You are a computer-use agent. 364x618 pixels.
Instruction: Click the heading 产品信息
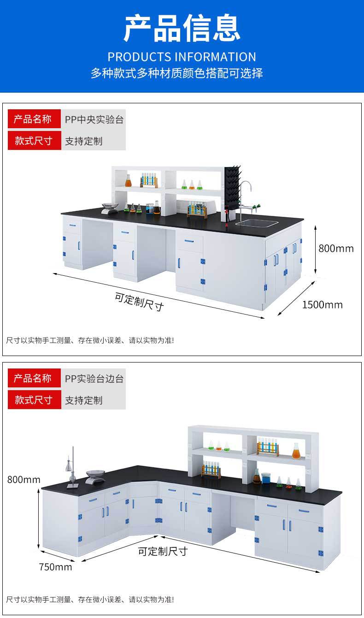point(182,29)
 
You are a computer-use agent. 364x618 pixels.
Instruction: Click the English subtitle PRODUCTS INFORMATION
point(182,57)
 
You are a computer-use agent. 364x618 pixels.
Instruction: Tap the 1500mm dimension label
point(323,305)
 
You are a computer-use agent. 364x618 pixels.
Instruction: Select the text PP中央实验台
point(94,119)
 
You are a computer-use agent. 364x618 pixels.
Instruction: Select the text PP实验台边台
point(94,379)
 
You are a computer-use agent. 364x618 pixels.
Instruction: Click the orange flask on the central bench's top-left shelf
point(129,181)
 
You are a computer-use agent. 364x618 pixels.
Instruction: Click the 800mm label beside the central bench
point(336,249)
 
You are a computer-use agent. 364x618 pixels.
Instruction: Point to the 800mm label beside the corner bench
point(24,480)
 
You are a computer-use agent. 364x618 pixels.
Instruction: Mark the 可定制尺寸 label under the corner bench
point(163,551)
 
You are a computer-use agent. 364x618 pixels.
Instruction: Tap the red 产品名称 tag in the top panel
point(33,119)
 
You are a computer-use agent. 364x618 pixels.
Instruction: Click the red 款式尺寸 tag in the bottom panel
point(33,400)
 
